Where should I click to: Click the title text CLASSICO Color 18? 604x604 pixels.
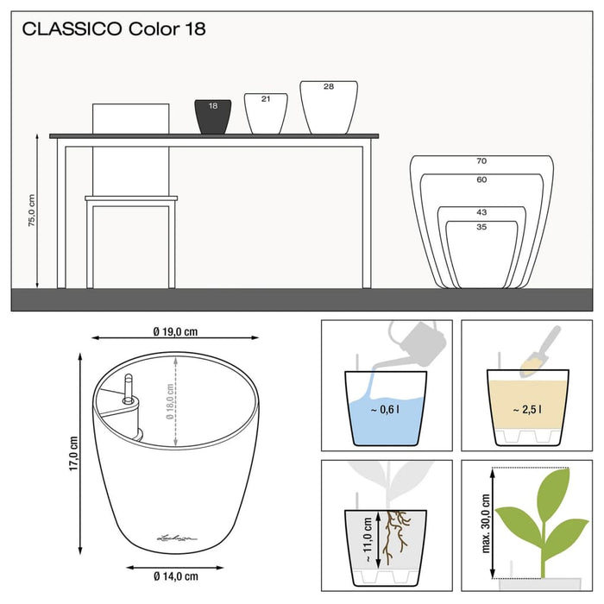pos(114,29)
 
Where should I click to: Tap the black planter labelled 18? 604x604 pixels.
pos(213,117)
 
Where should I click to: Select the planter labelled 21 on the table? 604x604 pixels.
pos(266,114)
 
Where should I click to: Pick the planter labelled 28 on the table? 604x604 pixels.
pos(328,108)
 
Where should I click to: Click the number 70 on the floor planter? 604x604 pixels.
pos(481,161)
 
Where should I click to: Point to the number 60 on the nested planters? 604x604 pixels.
pos(481,179)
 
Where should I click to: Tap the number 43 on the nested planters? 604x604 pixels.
pos(481,212)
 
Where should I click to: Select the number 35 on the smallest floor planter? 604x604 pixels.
pos(481,226)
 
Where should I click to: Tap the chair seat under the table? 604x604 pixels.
pos(131,199)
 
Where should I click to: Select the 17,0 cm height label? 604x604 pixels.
pos(74,454)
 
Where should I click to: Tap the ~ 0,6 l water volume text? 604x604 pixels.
pos(385,411)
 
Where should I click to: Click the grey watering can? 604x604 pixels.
pos(414,337)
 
